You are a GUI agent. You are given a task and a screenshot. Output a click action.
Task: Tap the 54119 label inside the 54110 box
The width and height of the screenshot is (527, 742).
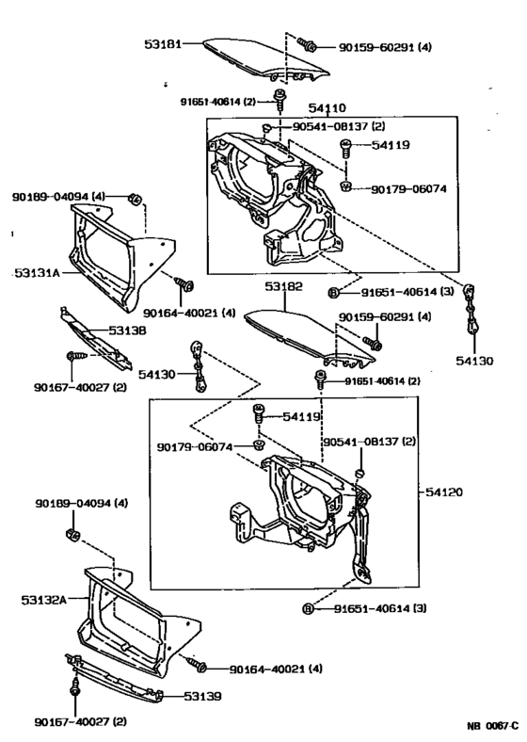click(x=390, y=146)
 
